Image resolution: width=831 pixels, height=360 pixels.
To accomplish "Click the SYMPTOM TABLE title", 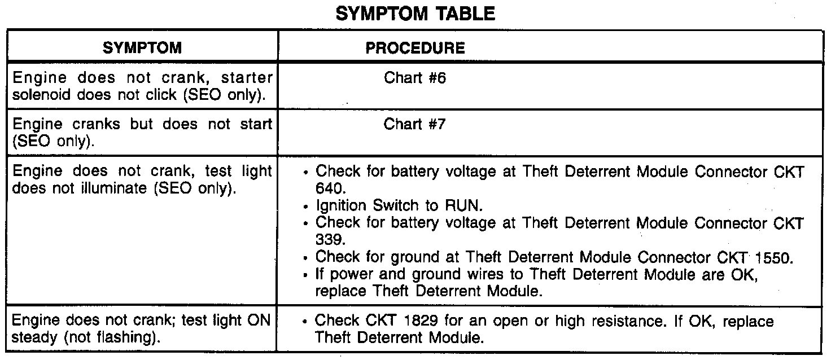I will point(415,14).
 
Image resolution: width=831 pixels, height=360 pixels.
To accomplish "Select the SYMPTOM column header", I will point(142,48).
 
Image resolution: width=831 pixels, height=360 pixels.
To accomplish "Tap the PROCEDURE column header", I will point(415,48).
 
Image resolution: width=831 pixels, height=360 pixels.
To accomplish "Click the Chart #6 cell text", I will point(415,78).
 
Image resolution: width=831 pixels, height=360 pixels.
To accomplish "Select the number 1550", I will point(772,257).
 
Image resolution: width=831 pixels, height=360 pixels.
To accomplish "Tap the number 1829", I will point(419,321).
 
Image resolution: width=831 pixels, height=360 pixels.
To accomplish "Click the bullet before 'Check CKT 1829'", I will point(305,322).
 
